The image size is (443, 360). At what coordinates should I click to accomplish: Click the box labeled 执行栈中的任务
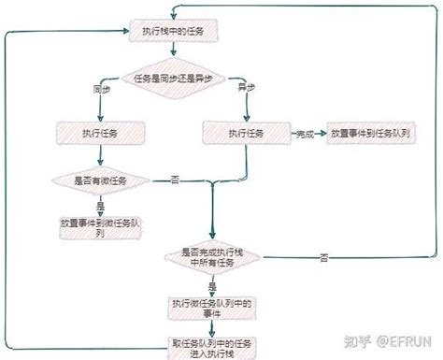175,32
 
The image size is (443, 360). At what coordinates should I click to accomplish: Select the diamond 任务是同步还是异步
175,78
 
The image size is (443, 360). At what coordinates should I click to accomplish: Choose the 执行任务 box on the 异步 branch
246,134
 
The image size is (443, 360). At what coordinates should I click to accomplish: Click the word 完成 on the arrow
305,135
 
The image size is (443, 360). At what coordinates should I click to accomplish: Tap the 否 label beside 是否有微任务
174,178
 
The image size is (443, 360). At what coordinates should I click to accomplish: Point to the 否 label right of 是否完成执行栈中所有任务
322,255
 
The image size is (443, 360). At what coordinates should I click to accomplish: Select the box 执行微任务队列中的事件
214,308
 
